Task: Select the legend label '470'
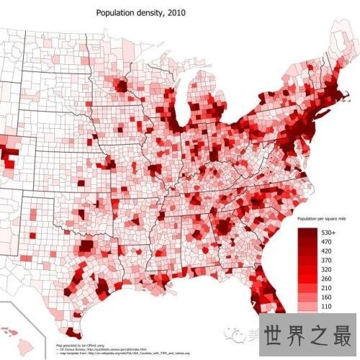pos(325,244)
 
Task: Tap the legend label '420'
pos(325,255)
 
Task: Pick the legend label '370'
pos(325,266)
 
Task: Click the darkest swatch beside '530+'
pos(308,233)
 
